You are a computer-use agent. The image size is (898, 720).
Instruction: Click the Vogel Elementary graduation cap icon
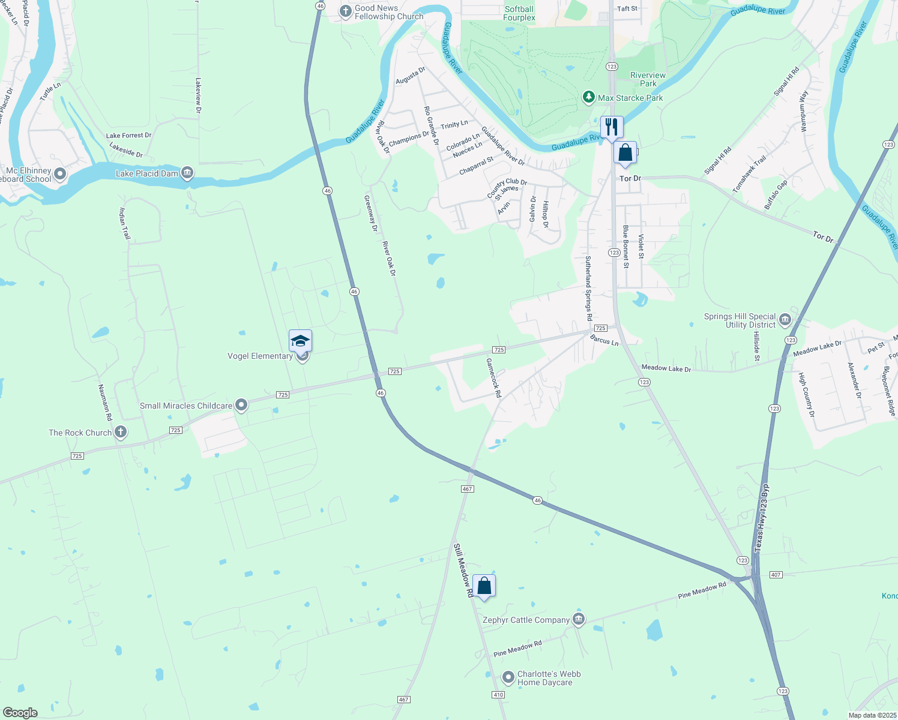[300, 341]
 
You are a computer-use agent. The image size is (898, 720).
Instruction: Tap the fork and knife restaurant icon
[612, 127]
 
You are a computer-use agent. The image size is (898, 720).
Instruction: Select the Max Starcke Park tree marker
[589, 97]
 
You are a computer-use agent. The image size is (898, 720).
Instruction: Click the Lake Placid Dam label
[146, 173]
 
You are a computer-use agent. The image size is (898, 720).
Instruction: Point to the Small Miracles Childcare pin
[241, 406]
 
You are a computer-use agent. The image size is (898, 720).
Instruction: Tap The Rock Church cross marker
[121, 432]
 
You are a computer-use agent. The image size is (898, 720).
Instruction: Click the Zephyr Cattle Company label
[526, 620]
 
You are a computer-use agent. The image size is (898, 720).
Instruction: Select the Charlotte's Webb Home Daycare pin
[508, 677]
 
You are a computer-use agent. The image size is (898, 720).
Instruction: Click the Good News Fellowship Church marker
[345, 11]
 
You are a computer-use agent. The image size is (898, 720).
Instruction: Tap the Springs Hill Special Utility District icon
[785, 320]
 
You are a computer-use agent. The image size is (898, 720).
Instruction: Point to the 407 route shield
[776, 575]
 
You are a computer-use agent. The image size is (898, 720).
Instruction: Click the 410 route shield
[498, 695]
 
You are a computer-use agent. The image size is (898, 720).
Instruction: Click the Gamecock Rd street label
[493, 378]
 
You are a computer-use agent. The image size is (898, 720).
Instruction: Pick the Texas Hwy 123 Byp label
[762, 518]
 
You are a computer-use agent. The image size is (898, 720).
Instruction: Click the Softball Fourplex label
[519, 13]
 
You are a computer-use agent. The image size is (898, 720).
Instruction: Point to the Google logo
[20, 713]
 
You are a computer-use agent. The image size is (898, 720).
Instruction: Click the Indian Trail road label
[125, 223]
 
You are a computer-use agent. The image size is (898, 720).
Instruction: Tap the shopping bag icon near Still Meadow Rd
[484, 586]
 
